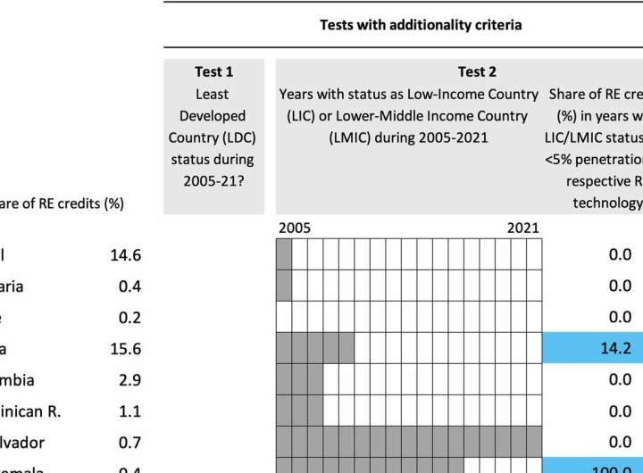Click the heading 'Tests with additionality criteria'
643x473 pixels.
(421, 25)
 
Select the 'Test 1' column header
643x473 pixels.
(213, 71)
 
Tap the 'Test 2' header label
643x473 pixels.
(476, 71)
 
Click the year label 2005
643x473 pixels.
(295, 228)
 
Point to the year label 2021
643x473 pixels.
(522, 228)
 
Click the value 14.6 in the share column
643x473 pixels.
(126, 255)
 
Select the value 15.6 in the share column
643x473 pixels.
(126, 348)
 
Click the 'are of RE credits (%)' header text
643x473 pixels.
(62, 203)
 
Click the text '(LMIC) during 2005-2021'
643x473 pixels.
(409, 138)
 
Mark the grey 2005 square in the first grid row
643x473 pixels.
(284, 255)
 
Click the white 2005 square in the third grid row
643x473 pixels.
(284, 318)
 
